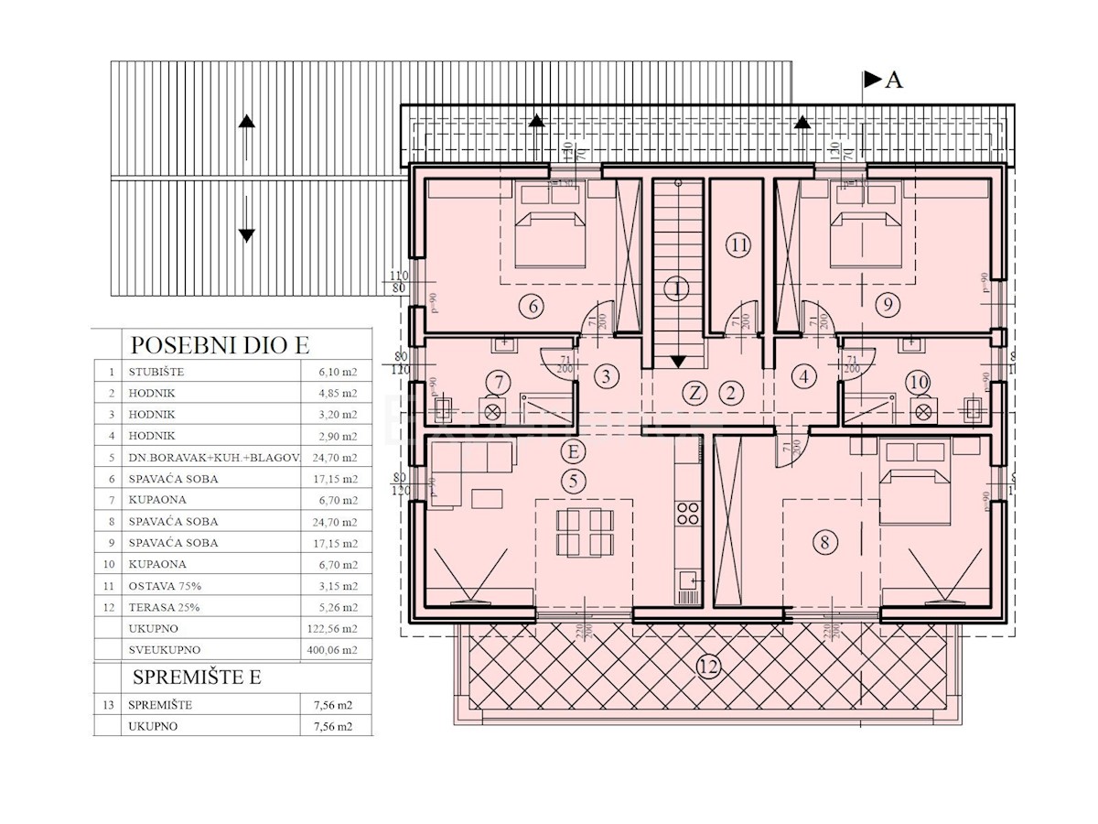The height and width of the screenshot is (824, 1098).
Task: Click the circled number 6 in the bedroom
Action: [534, 306]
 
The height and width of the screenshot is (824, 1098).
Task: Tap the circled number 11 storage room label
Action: [739, 244]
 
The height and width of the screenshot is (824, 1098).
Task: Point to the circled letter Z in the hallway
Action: [696, 394]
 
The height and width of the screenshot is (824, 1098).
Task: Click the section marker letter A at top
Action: [894, 81]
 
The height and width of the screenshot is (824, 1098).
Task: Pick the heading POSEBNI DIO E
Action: [220, 345]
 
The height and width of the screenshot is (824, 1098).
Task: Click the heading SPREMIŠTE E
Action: [198, 678]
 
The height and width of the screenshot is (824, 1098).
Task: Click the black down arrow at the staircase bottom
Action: [677, 363]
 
